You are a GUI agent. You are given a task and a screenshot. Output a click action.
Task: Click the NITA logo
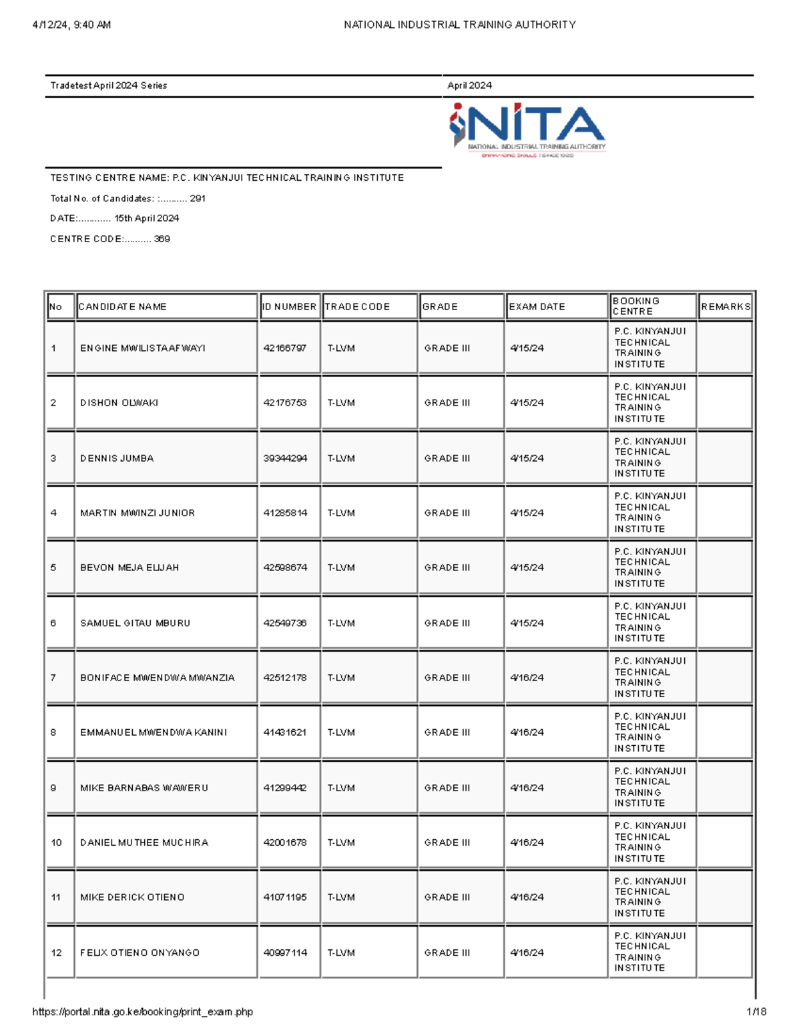527,130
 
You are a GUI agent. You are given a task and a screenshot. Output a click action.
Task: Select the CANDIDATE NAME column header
123,307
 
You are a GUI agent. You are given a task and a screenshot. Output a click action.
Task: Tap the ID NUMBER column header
289,307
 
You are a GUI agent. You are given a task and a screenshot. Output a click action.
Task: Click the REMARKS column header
726,307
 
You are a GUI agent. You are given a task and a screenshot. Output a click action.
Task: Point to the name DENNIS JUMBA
117,458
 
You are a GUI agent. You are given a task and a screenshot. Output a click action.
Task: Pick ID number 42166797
285,348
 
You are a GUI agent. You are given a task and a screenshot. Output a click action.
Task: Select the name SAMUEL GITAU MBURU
135,623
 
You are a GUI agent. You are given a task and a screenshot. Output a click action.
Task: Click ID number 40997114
285,953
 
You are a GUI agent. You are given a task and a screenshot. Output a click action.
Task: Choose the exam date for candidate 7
527,678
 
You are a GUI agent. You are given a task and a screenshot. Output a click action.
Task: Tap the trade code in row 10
341,843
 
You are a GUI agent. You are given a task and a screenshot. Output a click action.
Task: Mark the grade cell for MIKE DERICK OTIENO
447,897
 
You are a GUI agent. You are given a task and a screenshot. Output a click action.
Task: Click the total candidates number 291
198,198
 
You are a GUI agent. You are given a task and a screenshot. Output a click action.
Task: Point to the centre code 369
162,239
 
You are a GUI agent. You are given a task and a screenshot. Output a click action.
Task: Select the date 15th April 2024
147,218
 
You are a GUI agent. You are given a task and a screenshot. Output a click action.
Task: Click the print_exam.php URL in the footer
142,1012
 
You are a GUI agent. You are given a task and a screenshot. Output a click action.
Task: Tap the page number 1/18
756,1012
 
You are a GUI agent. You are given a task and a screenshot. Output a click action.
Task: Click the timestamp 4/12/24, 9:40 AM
71,25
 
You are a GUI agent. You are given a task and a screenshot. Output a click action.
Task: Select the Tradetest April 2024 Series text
109,85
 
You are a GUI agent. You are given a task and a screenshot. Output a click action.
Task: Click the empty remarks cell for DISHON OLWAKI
725,403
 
